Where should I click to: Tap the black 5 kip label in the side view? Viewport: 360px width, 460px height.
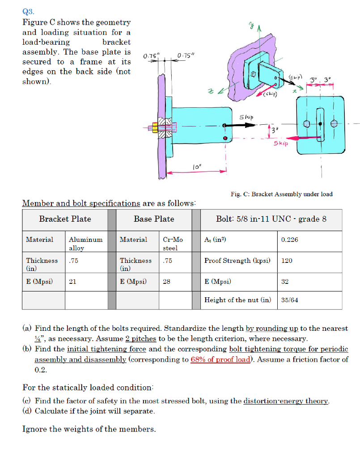[246, 117]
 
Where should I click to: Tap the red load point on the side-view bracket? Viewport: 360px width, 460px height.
[226, 137]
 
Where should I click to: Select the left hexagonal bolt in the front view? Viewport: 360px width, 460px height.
[307, 125]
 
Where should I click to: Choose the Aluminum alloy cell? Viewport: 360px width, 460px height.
[86, 243]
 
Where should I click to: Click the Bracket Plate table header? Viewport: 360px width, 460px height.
[65, 219]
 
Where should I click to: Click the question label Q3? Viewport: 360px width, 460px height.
[27, 11]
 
